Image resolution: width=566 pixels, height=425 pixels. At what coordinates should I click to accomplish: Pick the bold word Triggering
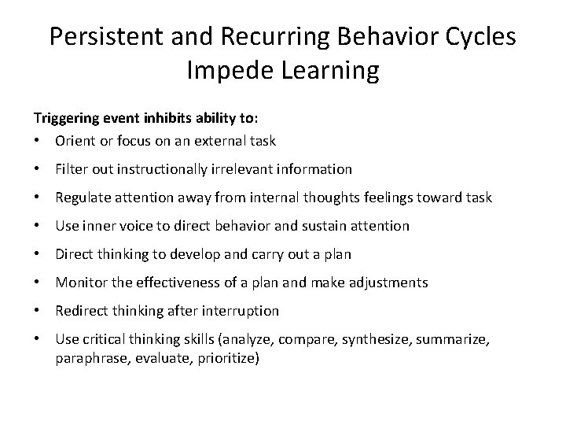[x=65, y=119]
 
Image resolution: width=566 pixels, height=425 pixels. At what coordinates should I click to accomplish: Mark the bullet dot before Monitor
[x=37, y=283]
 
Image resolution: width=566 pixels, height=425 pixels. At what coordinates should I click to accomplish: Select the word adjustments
[x=388, y=283]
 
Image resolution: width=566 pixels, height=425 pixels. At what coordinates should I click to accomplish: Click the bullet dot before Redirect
[x=37, y=311]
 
